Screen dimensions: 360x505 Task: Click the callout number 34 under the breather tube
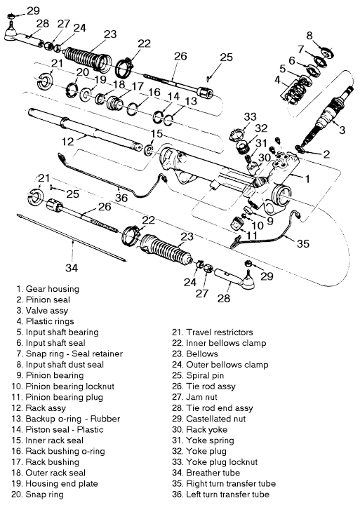click(x=72, y=267)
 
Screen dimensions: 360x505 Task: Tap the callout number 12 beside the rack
click(x=67, y=142)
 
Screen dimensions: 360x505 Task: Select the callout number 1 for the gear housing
click(x=307, y=178)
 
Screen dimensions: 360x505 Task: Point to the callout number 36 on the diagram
click(x=121, y=198)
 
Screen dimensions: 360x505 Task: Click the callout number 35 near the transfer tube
click(x=302, y=243)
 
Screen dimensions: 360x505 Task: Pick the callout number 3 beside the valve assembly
click(x=342, y=130)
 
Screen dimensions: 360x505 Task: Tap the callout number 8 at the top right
click(x=309, y=35)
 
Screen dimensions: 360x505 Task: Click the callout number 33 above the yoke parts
click(x=250, y=116)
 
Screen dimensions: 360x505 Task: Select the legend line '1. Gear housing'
click(x=48, y=289)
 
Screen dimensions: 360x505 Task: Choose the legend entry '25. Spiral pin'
click(x=198, y=375)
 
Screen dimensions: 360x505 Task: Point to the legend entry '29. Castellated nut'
click(x=209, y=419)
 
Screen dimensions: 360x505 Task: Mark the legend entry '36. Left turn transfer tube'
click(x=221, y=494)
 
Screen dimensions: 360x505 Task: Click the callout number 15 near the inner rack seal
click(x=157, y=133)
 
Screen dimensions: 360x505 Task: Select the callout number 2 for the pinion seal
click(x=326, y=154)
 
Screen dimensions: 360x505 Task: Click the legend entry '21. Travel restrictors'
click(x=213, y=332)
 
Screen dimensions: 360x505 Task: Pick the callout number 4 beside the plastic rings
click(x=277, y=79)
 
